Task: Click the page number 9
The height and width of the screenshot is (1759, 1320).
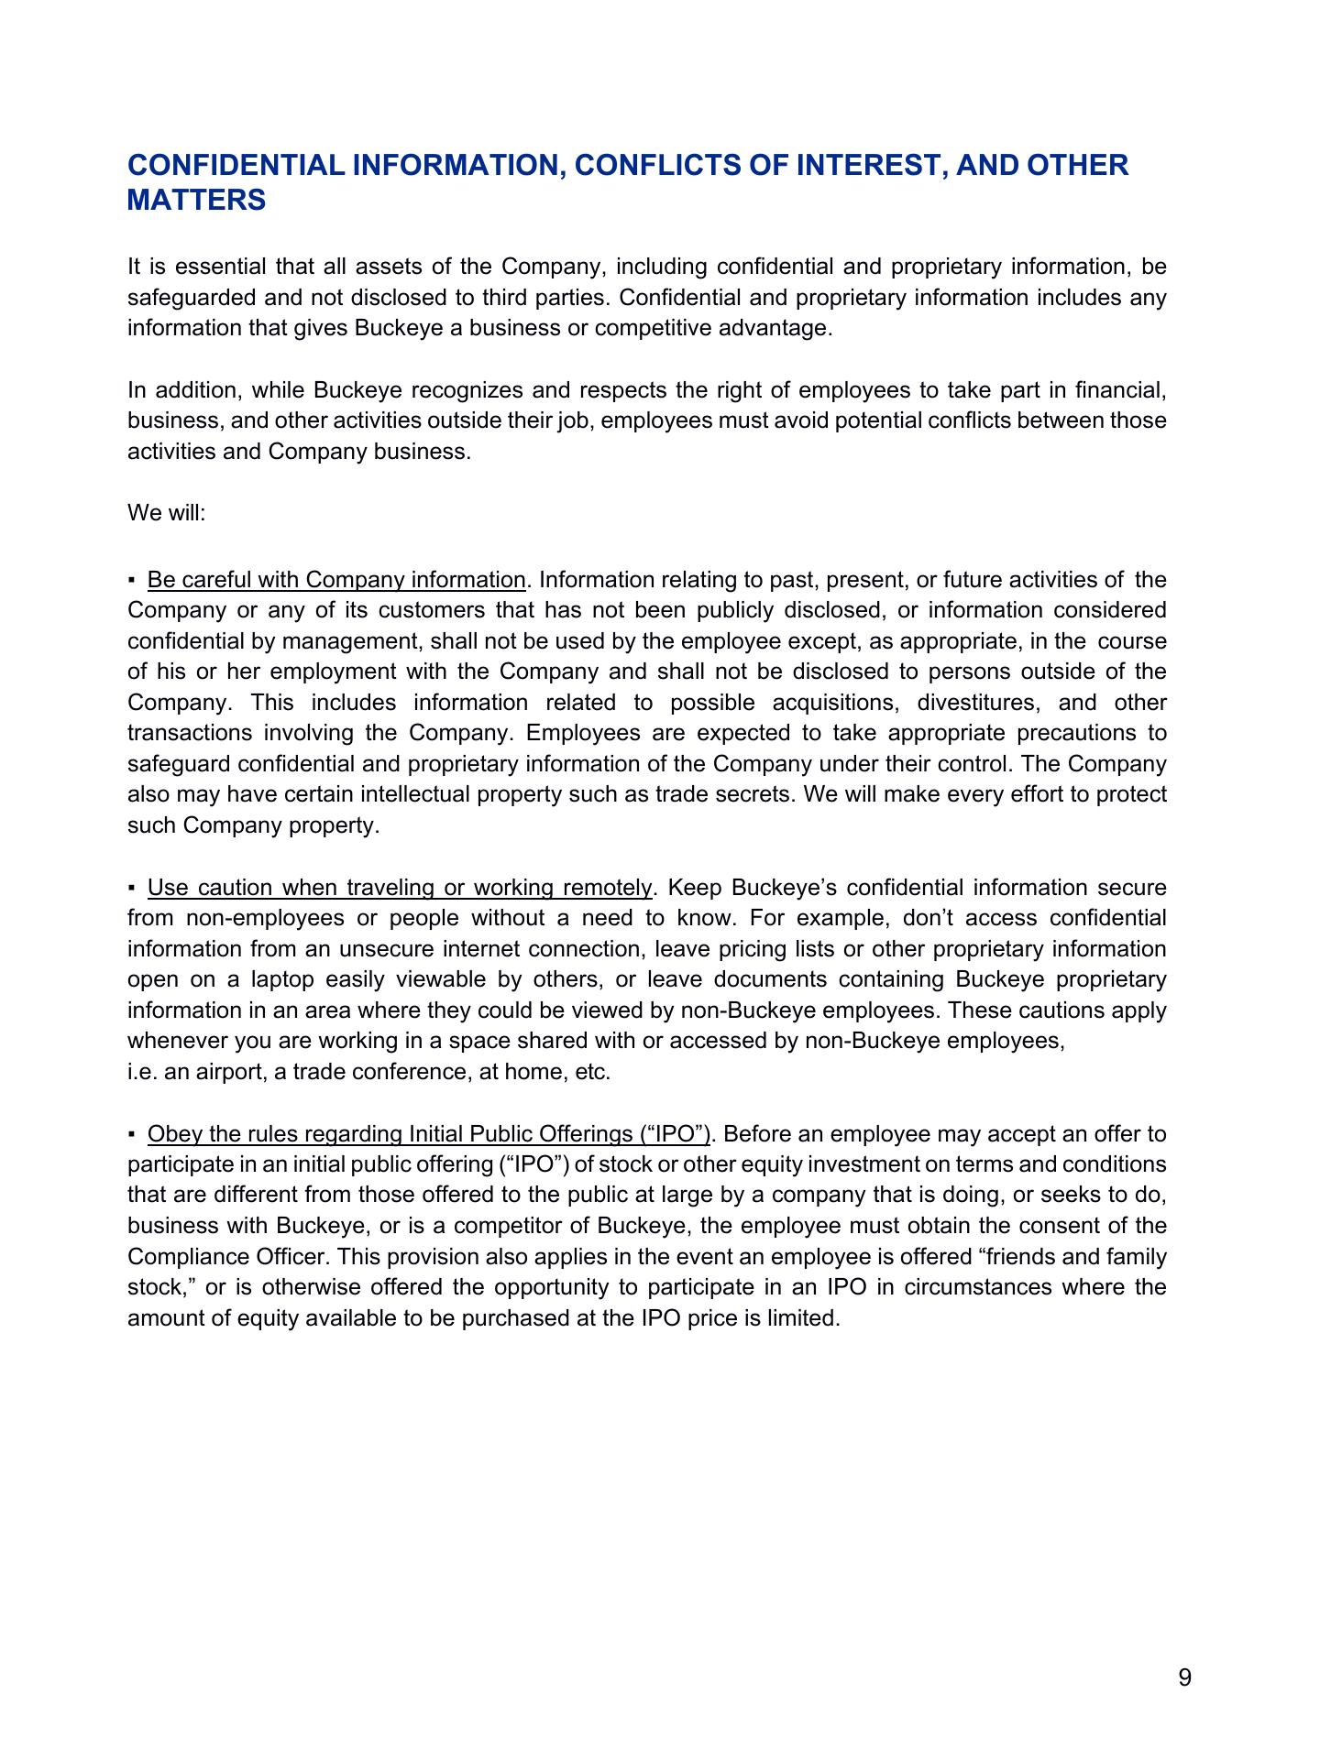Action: click(x=1184, y=1677)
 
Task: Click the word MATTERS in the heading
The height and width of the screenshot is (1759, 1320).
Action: click(x=196, y=200)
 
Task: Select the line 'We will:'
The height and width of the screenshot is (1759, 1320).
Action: click(x=167, y=512)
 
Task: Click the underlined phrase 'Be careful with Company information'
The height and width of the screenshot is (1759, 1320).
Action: click(x=336, y=580)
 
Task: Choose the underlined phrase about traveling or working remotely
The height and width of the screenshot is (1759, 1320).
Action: click(x=400, y=888)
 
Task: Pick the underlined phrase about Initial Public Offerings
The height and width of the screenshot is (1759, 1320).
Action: click(x=429, y=1134)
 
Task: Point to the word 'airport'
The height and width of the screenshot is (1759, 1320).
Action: click(x=227, y=1072)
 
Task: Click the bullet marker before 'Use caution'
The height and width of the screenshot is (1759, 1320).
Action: click(x=133, y=888)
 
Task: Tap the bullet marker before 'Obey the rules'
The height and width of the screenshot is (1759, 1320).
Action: click(x=133, y=1134)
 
